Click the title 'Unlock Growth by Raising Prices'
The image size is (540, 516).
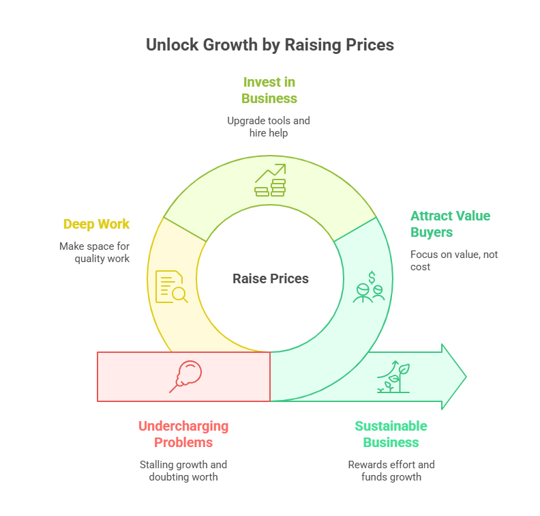tap(270, 45)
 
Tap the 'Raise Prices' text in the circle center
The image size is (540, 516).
tap(271, 278)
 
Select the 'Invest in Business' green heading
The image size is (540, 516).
tap(269, 90)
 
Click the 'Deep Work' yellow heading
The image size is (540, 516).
tap(96, 225)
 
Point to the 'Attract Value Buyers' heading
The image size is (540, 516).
tap(450, 224)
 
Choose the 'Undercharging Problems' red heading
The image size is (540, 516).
tap(183, 434)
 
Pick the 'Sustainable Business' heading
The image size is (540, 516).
tap(391, 434)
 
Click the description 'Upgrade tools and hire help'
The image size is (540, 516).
tap(269, 126)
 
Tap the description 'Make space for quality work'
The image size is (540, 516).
tap(94, 253)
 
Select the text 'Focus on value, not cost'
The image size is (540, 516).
tap(454, 261)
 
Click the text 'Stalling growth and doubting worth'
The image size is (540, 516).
tap(183, 470)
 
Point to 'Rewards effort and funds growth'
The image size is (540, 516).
tap(391, 470)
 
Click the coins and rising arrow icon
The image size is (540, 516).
tap(271, 180)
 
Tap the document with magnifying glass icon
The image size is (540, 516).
tap(172, 287)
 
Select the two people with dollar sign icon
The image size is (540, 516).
tap(369, 287)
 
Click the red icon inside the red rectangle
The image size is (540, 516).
tap(185, 376)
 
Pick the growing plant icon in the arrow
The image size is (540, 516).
tap(393, 376)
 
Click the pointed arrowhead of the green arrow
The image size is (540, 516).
tap(466, 377)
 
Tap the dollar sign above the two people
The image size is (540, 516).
tap(372, 278)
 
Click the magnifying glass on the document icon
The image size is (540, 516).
tap(180, 295)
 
